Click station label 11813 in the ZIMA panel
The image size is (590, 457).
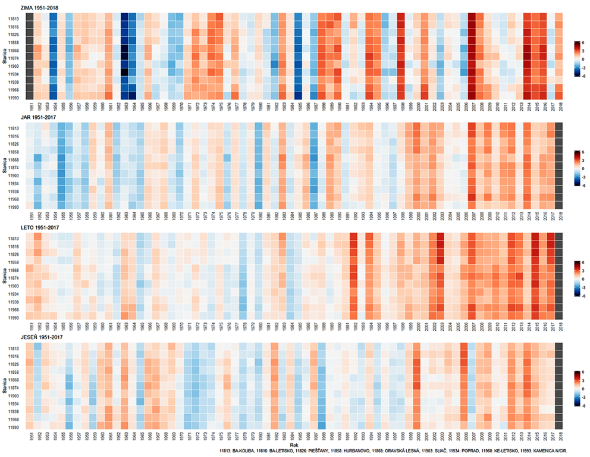(x=12, y=18)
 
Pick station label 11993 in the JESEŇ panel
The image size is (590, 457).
(x=12, y=427)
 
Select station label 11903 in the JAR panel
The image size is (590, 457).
(x=12, y=176)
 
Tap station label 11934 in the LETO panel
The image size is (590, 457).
(x=12, y=294)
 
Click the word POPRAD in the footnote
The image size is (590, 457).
(x=473, y=452)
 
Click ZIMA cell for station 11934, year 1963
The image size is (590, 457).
(x=125, y=73)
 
